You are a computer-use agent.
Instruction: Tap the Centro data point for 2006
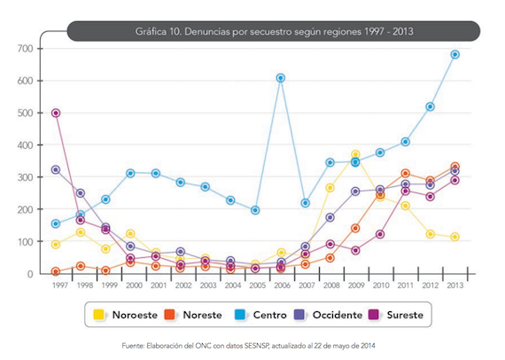(280, 78)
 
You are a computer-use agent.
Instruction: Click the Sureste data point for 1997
(56, 113)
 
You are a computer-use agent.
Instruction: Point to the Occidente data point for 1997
(56, 169)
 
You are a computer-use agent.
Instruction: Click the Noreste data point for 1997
(56, 271)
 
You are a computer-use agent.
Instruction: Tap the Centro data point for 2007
(306, 203)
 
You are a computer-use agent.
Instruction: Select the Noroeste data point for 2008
(330, 188)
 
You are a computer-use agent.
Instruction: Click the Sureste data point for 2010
(380, 234)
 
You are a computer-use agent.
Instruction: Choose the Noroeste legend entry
(127, 314)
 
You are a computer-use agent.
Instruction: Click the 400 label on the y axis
(25, 145)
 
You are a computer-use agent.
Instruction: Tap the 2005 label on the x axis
(255, 286)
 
